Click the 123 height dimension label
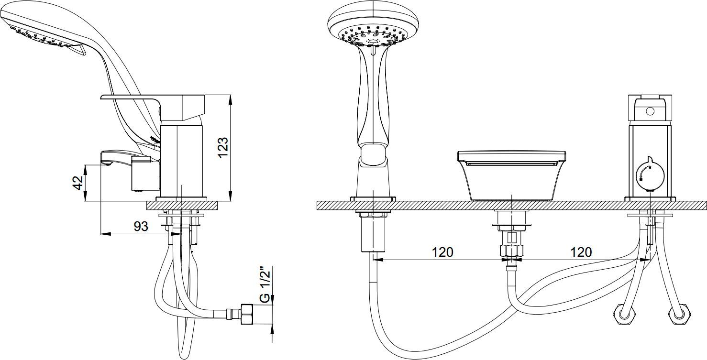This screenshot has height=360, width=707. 223,147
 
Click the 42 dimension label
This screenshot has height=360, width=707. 78,183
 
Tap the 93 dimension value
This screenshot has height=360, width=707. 141,226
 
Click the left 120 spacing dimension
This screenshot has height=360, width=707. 442,252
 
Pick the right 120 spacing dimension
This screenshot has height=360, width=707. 581,252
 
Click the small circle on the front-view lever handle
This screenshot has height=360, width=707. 650,111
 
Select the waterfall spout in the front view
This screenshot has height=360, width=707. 511,175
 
